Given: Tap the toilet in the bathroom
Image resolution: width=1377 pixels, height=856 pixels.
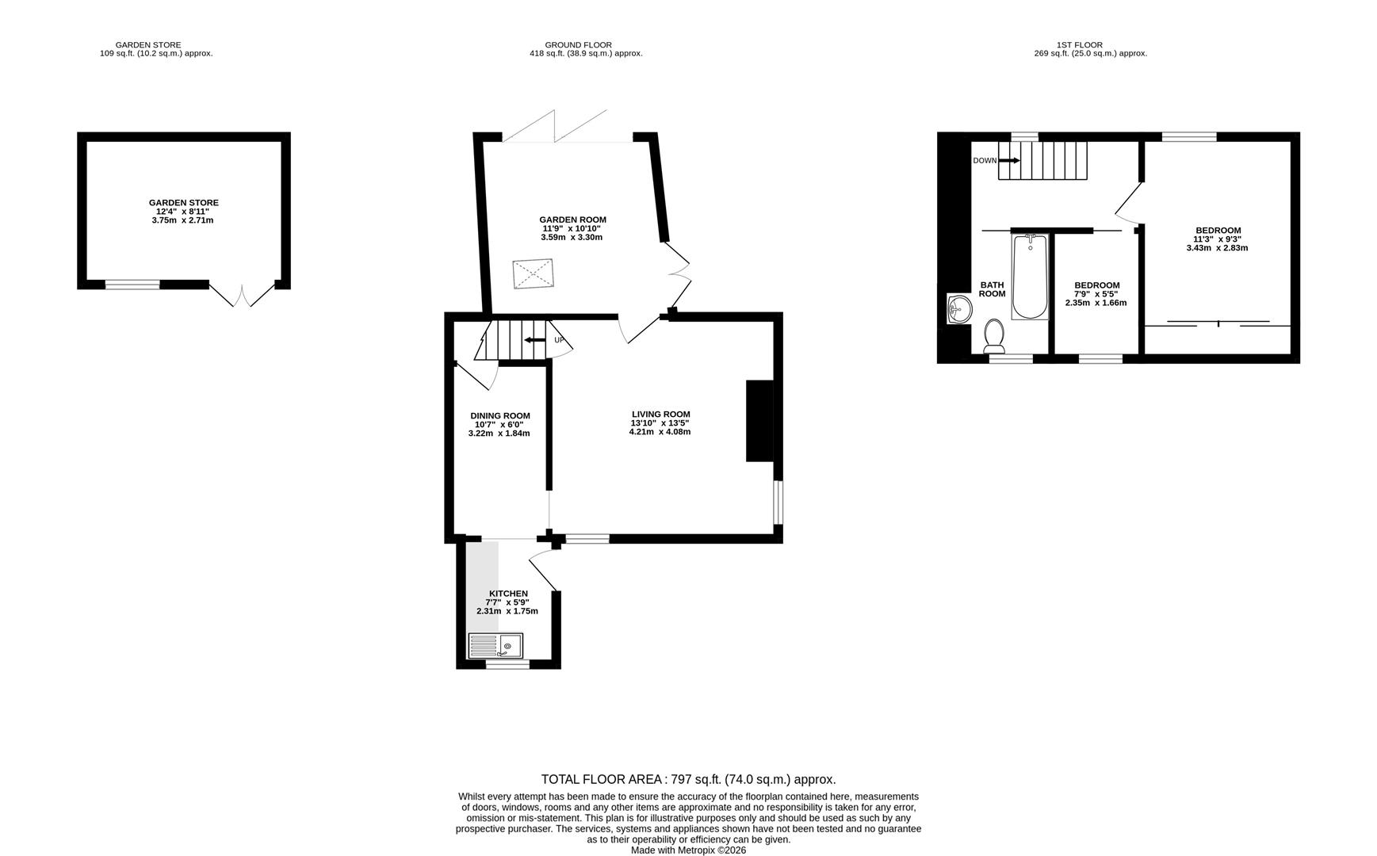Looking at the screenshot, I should click(994, 336).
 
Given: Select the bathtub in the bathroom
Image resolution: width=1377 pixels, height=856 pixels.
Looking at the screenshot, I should click(1030, 277).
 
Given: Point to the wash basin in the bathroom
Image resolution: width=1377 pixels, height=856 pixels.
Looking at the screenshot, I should click(958, 309).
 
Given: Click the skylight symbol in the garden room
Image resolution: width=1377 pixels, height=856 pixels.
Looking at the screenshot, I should click(534, 273).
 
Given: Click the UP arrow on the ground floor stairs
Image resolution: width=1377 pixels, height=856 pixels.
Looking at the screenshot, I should click(535, 340).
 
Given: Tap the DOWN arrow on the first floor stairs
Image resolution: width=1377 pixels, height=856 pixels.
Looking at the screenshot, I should click(1009, 161).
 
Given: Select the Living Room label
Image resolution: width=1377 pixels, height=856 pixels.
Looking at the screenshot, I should click(660, 414).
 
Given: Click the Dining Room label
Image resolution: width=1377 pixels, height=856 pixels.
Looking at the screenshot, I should click(499, 415).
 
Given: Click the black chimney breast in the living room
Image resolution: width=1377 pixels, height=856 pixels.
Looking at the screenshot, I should click(759, 421).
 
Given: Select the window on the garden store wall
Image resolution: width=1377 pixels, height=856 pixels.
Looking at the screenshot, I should click(132, 285).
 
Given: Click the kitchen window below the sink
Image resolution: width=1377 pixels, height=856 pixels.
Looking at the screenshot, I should click(507, 665).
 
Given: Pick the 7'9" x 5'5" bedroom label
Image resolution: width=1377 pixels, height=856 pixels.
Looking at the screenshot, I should click(1096, 294).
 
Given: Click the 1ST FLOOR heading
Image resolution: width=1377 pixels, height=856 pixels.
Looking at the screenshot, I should click(1079, 45).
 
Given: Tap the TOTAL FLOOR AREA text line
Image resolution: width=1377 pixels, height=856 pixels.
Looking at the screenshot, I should click(687, 779).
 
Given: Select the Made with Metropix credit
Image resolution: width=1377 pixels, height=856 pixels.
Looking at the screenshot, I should click(687, 850).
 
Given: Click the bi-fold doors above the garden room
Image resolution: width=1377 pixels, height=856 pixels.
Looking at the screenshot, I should click(555, 127).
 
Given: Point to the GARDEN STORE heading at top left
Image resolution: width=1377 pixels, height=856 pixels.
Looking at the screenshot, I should click(148, 45).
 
